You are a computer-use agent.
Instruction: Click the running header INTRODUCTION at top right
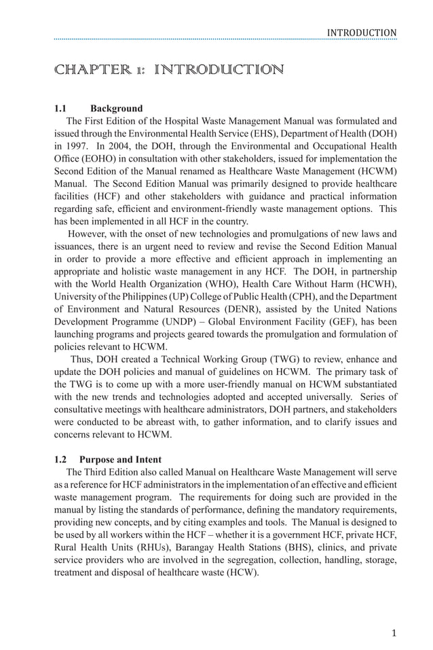[361, 33]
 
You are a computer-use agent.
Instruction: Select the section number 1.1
[62, 109]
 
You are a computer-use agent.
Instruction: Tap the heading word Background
[117, 109]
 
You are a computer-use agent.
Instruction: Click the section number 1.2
[62, 459]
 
